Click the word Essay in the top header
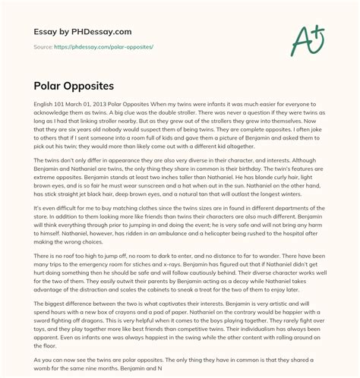click(x=39, y=31)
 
